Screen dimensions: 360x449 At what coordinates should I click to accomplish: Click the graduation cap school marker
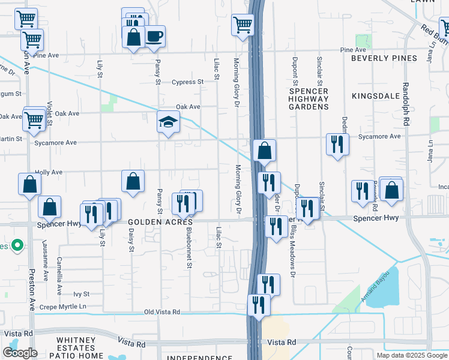[169, 123]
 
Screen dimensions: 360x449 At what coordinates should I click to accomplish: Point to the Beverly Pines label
[384, 58]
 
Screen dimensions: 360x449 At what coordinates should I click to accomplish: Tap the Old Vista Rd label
[162, 312]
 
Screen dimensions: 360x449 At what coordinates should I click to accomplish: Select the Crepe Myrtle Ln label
[63, 307]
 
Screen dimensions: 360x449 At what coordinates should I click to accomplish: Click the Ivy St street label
[81, 294]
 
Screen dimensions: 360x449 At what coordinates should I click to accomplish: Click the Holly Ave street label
[49, 172]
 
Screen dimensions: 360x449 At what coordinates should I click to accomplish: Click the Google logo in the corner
[20, 353]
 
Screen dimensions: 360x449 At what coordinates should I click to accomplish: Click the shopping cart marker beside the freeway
[243, 26]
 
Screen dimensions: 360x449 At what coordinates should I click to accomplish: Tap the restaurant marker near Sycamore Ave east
[337, 144]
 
